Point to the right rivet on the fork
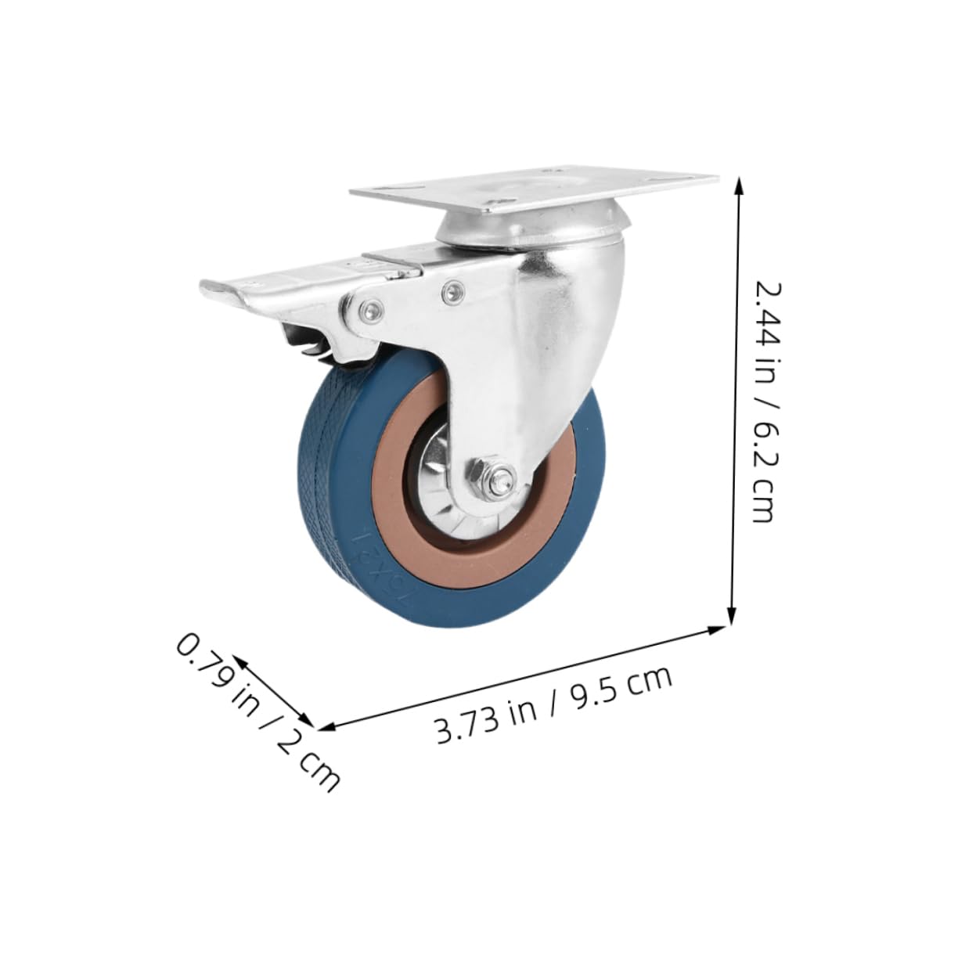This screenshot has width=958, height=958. [450, 291]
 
